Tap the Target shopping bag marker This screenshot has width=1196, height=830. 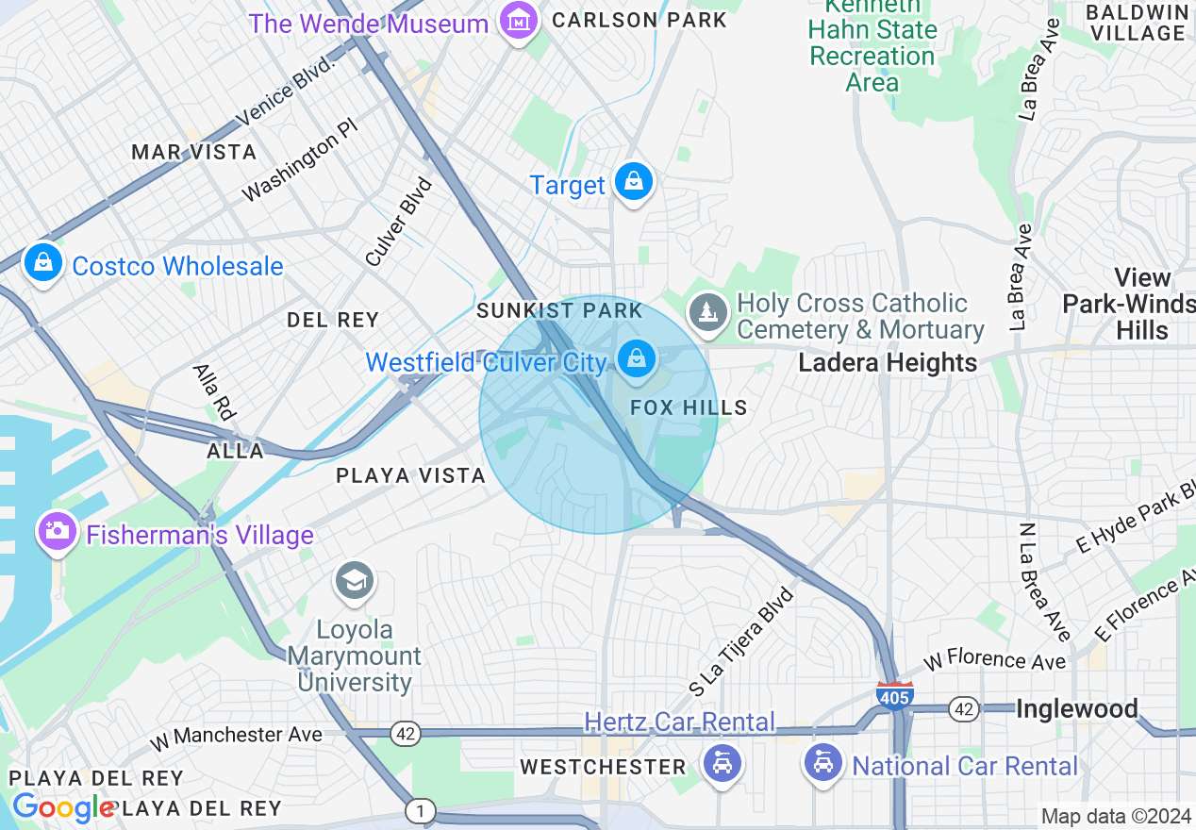click(634, 182)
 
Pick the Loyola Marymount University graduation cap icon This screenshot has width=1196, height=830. click(355, 581)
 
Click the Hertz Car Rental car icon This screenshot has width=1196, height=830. click(723, 761)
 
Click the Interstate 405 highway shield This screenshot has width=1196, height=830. click(893, 695)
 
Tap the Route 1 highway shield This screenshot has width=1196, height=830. click(421, 809)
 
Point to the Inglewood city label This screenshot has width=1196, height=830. click(1076, 709)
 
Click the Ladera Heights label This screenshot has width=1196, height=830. click(888, 363)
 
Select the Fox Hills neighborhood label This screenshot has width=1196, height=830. click(689, 407)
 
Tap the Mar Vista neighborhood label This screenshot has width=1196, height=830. click(194, 152)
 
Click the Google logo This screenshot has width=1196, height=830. click(63, 807)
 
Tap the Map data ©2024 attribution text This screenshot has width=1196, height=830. click(1116, 816)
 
